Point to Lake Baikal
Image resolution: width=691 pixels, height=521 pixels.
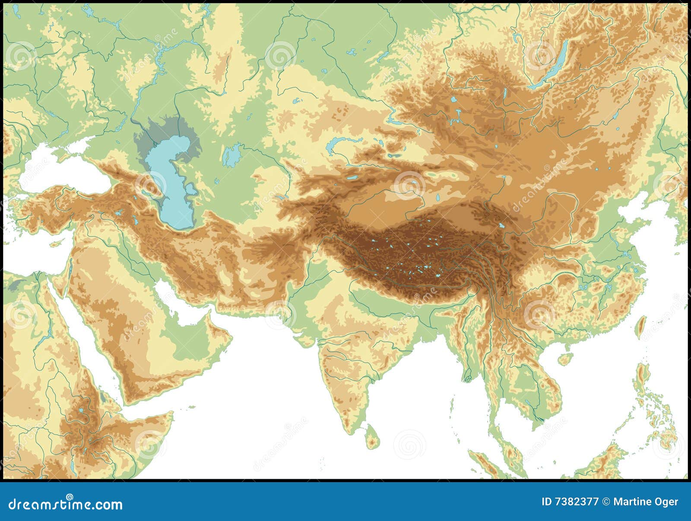(551, 69)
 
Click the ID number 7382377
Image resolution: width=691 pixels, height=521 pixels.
(570, 502)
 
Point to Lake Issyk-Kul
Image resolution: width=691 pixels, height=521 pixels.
(352, 177)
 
